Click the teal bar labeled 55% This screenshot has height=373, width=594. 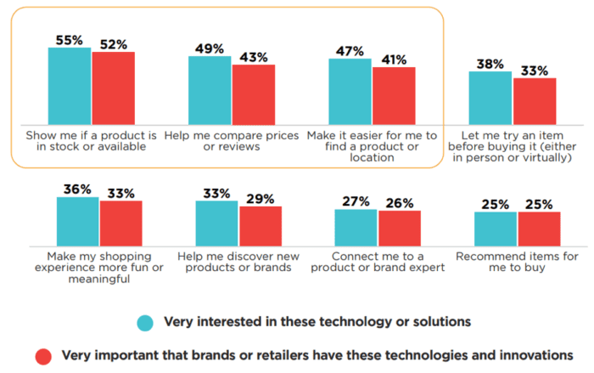pyautogui.click(x=70, y=86)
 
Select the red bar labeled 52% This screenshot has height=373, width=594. pyautogui.click(x=113, y=88)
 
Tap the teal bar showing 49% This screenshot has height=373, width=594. pyautogui.click(x=210, y=90)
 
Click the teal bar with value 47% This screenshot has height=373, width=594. pyautogui.click(x=350, y=92)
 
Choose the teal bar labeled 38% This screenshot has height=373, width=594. pyautogui.click(x=490, y=98)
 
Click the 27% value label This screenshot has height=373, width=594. pyautogui.click(x=355, y=202)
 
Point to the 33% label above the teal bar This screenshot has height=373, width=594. pyautogui.click(x=216, y=194)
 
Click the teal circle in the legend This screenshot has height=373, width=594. pyautogui.click(x=145, y=323)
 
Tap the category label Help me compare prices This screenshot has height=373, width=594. pyautogui.click(x=232, y=140)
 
